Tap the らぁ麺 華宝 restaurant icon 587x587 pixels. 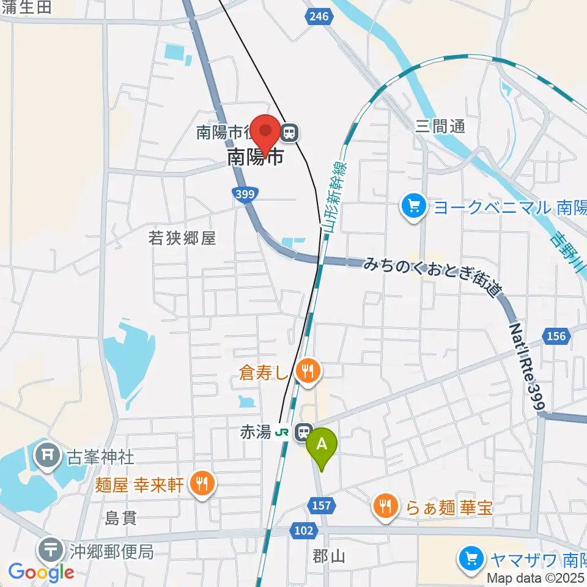[385, 506]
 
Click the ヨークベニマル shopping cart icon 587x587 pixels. [414, 207]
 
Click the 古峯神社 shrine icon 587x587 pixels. [47, 455]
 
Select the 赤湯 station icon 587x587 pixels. [303, 432]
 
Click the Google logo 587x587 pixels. [40, 572]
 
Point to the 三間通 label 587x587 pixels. [440, 127]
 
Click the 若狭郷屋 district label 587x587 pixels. [182, 238]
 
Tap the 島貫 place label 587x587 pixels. [121, 518]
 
